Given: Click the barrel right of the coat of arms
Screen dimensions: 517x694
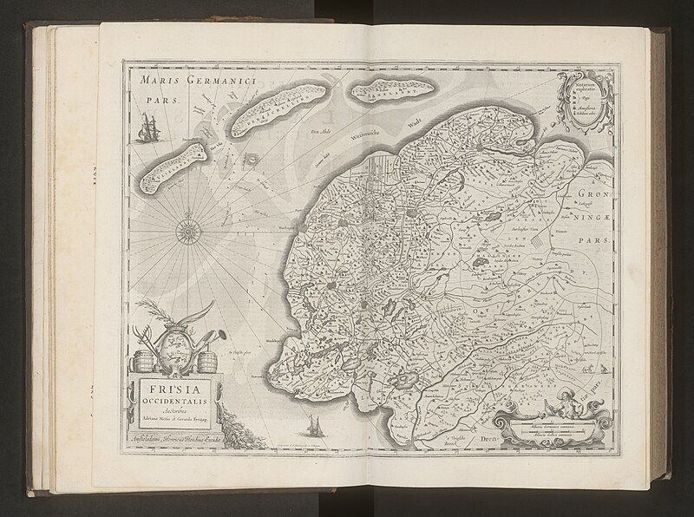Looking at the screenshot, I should (205, 358).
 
